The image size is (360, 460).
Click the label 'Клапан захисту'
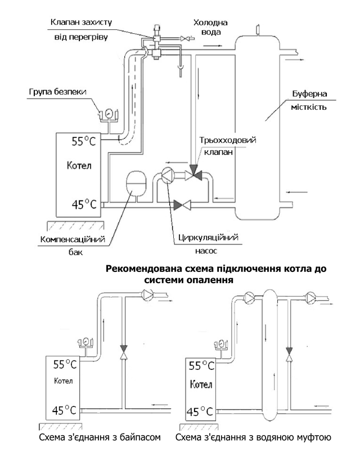[81, 23]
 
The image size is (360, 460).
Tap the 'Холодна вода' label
[210, 27]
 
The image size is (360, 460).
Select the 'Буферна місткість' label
[309, 100]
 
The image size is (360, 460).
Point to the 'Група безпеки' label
[57, 92]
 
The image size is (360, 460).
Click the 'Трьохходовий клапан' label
[228, 146]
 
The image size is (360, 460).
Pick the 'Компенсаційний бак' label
[73, 245]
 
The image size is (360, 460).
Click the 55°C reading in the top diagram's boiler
[84, 141]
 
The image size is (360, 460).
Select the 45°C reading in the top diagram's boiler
[84, 204]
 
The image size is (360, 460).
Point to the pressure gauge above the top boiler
[108, 114]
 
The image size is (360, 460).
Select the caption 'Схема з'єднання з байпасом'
[100, 437]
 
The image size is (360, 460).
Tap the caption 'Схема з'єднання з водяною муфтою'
[253, 437]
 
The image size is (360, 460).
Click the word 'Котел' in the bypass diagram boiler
[64, 381]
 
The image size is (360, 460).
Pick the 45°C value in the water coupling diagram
[201, 412]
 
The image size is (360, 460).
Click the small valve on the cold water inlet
[185, 38]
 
